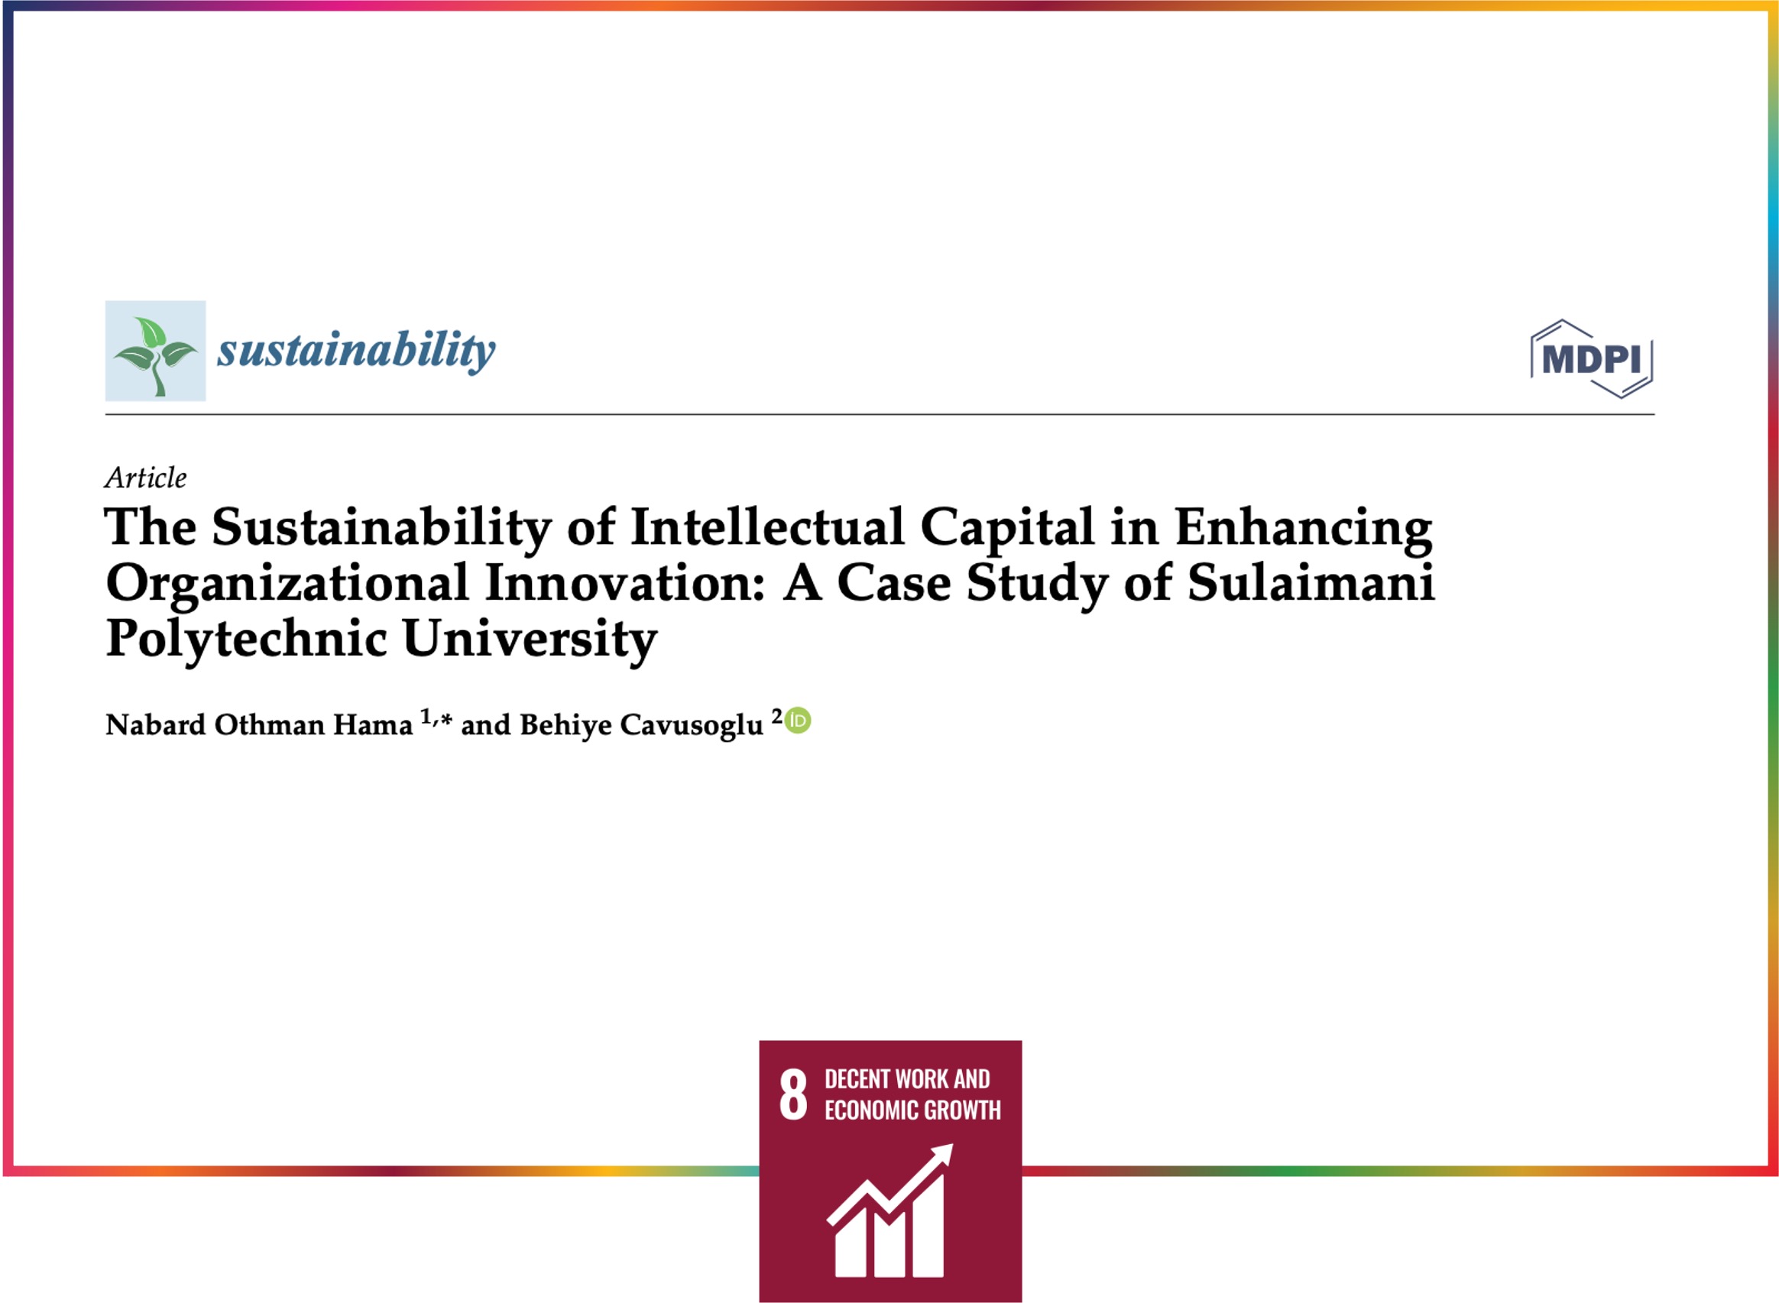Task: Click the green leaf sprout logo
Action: [155, 351]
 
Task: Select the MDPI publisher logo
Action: [1591, 359]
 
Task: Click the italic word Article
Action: [146, 477]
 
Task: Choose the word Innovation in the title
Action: [624, 584]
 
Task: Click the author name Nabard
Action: [155, 724]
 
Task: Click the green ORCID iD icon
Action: [798, 720]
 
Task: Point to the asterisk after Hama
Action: [446, 719]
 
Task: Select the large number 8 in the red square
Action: [793, 1095]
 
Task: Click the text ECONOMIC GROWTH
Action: [912, 1110]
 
